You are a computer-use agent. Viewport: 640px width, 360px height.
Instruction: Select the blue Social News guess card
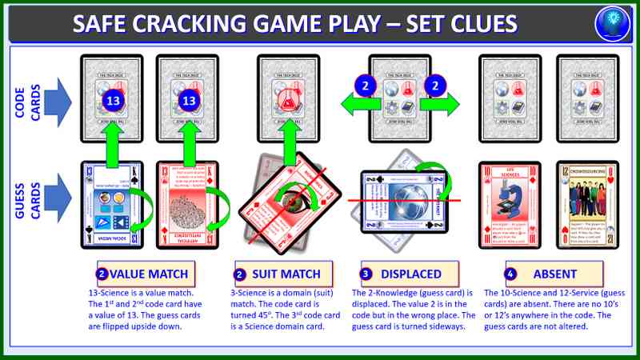[x=113, y=203]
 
